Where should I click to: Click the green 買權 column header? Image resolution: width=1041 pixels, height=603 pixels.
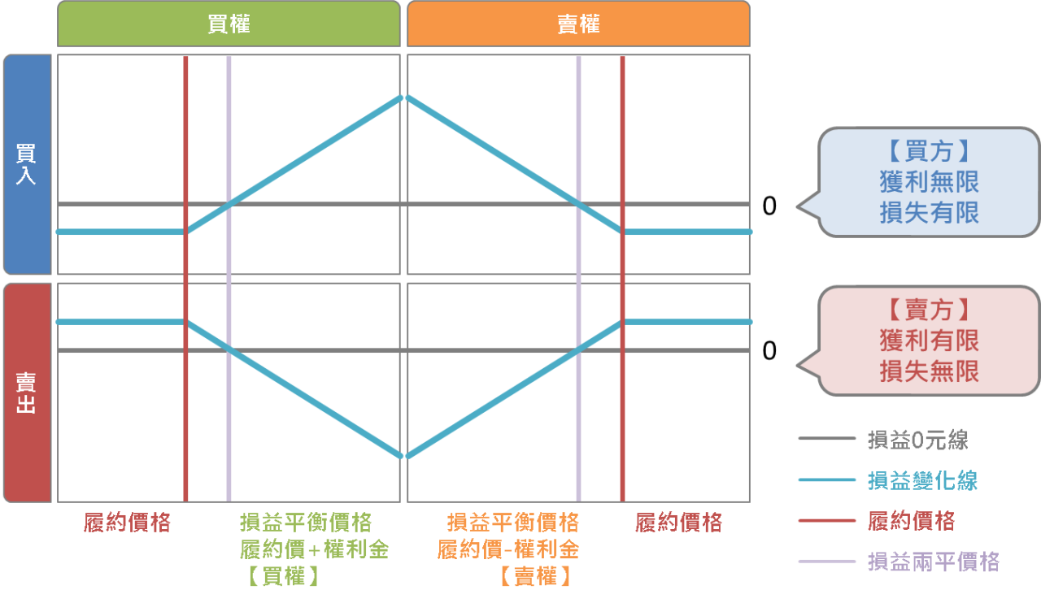(x=229, y=24)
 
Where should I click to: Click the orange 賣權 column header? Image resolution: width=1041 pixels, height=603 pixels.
(x=578, y=24)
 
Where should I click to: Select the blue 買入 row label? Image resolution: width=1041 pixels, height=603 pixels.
(x=27, y=164)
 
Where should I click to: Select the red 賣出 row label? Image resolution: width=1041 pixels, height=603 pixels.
(x=27, y=393)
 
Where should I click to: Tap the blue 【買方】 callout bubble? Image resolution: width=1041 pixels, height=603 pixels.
(x=929, y=182)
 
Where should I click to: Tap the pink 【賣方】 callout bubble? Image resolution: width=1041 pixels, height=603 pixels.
(x=929, y=341)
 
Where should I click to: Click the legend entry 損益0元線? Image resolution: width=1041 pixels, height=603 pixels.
(x=917, y=440)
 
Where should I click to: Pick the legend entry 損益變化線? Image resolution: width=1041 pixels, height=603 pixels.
(x=922, y=480)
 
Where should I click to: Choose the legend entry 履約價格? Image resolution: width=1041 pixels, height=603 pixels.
(x=911, y=521)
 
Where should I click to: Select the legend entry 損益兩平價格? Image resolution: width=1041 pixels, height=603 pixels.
(x=933, y=561)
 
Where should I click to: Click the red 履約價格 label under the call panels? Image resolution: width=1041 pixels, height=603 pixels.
(x=128, y=523)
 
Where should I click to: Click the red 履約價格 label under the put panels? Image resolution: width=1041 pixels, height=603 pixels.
(x=678, y=523)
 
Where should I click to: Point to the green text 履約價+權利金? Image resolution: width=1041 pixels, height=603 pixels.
(x=314, y=549)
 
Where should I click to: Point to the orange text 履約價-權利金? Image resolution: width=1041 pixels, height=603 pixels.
(x=507, y=549)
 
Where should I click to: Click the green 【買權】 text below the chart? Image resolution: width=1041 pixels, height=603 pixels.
(x=281, y=576)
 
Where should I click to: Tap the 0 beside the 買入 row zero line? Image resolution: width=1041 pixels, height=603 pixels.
(x=769, y=206)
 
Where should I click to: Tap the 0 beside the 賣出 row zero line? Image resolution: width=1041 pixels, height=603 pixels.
(x=769, y=351)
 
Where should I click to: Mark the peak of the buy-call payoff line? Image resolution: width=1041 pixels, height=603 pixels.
(x=400, y=97)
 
